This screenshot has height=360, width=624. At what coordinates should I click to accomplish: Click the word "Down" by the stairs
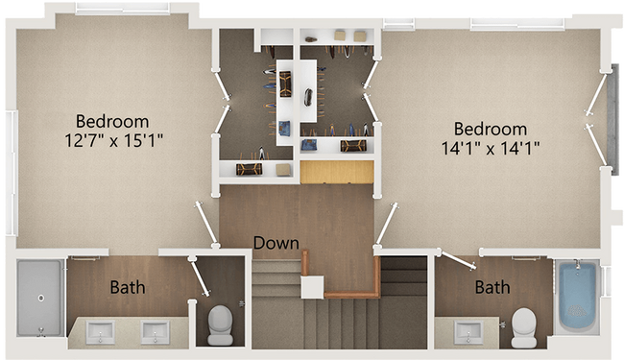point(276,243)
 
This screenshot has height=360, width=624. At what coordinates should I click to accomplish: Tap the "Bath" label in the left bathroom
point(128,286)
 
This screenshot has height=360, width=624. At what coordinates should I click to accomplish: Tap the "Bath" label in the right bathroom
point(492,286)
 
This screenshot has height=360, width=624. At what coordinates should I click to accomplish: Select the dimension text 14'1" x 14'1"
point(491,148)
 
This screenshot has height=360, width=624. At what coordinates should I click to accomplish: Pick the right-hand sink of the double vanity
point(155,333)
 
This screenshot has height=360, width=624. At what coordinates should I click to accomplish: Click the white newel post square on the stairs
point(312,287)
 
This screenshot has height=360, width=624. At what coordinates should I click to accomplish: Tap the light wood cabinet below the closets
point(336,172)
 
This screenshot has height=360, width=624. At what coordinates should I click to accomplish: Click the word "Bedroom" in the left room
point(113,122)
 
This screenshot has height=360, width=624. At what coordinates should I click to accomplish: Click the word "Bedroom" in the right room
point(491,129)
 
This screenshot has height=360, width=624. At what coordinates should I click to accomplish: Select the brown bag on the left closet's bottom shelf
point(249,168)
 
